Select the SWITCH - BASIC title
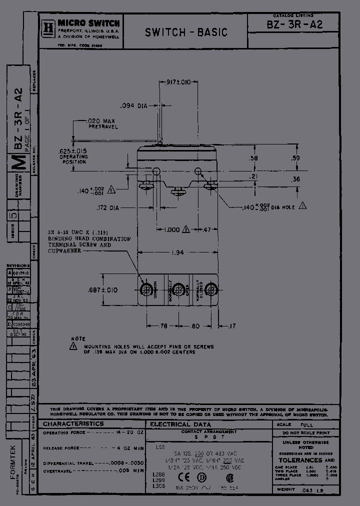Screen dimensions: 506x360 tap(186, 32)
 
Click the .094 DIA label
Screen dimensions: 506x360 tap(134, 105)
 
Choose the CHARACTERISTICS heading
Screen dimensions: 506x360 tap(73, 424)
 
